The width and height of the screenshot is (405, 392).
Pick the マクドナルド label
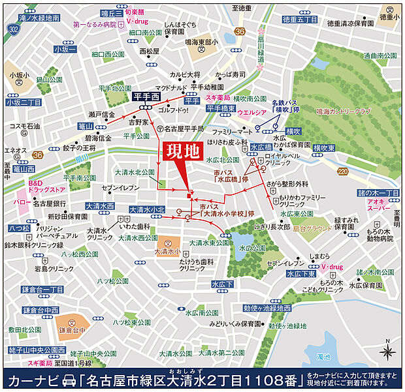172,87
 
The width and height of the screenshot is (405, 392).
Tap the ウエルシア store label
251,112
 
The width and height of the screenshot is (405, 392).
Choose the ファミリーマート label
232,132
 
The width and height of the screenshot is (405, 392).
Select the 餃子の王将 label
79,148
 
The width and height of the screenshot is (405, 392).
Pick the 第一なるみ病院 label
95,24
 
